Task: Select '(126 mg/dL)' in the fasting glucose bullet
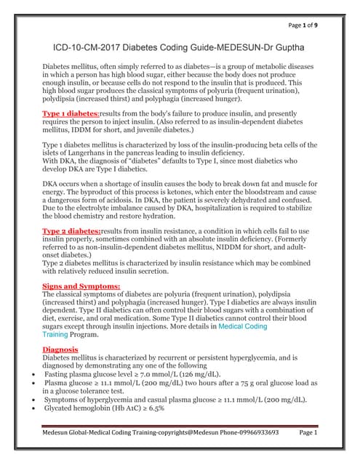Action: (199, 374)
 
